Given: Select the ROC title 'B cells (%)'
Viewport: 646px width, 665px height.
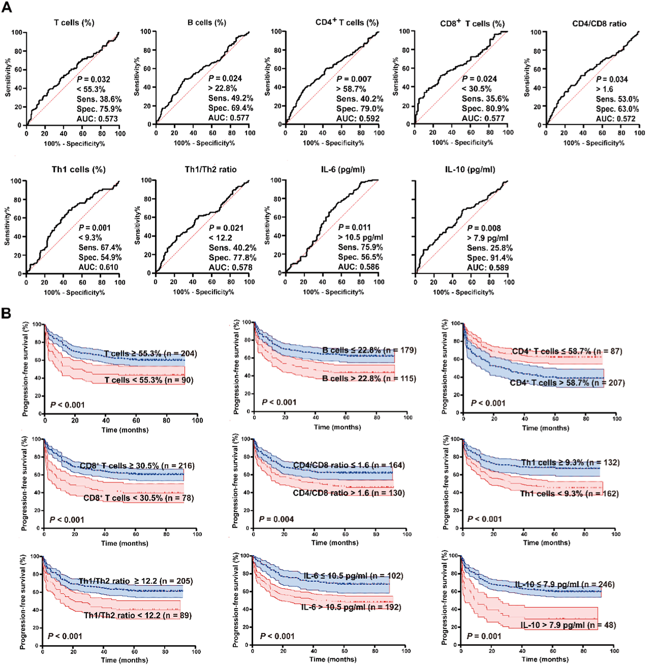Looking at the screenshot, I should pyautogui.click(x=207, y=23).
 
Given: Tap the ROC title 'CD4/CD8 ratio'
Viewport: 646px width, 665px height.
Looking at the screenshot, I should pyautogui.click(x=599, y=24).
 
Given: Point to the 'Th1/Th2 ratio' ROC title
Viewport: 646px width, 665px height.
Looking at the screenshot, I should pyautogui.click(x=210, y=169).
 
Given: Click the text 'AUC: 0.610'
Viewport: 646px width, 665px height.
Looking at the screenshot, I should pyautogui.click(x=98, y=267).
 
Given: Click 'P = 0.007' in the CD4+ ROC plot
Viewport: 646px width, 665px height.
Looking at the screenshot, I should pyautogui.click(x=354, y=79).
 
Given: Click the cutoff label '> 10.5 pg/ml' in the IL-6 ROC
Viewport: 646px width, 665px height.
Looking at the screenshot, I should pyautogui.click(x=360, y=237).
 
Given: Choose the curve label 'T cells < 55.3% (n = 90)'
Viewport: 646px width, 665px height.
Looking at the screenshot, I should pyautogui.click(x=149, y=380).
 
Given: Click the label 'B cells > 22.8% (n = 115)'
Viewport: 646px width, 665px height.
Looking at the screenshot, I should pyautogui.click(x=369, y=378).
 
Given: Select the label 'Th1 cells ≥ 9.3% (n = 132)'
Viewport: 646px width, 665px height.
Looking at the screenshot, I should pyautogui.click(x=570, y=462).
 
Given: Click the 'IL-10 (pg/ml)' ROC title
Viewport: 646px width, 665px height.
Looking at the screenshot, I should pyautogui.click(x=470, y=169).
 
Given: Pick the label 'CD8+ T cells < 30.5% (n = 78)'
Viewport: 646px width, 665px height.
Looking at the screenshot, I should pyautogui.click(x=138, y=498).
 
